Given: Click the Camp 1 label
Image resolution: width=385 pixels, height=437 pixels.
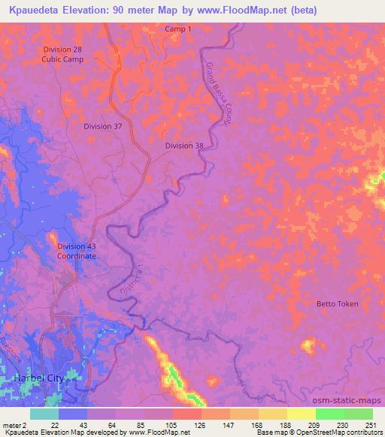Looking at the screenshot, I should [x=178, y=29].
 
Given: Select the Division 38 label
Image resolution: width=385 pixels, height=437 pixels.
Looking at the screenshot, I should [x=184, y=146].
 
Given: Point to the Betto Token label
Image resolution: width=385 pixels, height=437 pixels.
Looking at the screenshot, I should [x=338, y=304].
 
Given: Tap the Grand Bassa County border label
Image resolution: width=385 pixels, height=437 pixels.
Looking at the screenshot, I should [x=217, y=98].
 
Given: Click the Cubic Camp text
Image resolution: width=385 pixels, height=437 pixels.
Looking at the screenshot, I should [x=63, y=59].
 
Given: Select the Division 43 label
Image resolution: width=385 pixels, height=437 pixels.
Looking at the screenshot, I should [x=77, y=246].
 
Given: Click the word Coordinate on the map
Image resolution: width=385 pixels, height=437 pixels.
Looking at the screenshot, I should [x=77, y=256].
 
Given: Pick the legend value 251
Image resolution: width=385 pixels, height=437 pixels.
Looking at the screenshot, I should [x=371, y=425].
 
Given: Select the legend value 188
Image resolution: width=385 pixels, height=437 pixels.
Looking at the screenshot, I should [x=286, y=425].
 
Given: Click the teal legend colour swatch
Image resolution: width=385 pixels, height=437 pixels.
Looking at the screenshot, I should [x=44, y=414].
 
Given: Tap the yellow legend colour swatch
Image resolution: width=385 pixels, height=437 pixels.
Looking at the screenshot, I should [x=301, y=414].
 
